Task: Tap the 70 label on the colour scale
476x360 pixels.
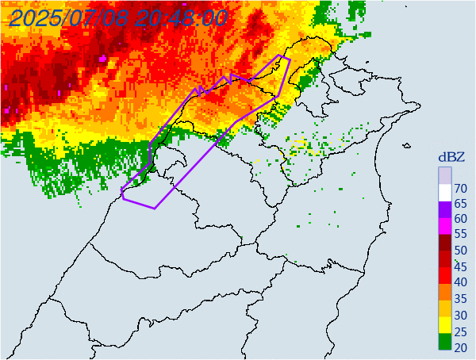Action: [459, 188]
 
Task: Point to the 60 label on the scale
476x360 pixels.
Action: [459, 219]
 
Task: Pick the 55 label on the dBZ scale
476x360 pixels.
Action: [459, 235]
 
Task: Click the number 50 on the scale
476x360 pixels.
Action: [459, 251]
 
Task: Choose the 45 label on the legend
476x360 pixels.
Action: [459, 266]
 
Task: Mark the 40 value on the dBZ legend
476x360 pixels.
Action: [459, 282]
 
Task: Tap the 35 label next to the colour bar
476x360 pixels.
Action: [459, 298]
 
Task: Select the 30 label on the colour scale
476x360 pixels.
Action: [459, 314]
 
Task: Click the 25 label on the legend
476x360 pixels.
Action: [459, 330]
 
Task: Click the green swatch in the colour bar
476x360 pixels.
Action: [444, 343]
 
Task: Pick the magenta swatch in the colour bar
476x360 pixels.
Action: [444, 230]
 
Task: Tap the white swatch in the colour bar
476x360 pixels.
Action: [444, 191]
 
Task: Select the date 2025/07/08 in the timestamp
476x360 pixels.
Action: [67, 18]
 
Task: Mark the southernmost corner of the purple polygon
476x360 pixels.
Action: [155, 209]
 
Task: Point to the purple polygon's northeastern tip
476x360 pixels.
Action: [290, 59]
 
